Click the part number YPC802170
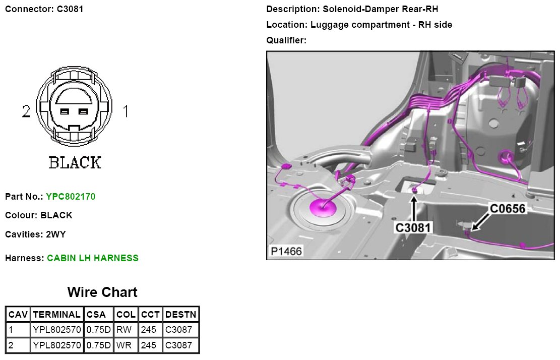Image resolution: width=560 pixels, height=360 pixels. [x=70, y=196]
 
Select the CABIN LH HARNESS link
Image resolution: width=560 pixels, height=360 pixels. [x=93, y=258]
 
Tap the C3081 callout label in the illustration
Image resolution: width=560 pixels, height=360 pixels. [x=413, y=227]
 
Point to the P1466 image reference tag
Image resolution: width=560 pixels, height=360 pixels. [x=286, y=251]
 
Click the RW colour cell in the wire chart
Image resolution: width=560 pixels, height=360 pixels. [x=126, y=330]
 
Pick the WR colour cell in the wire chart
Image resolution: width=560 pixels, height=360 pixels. [x=126, y=346]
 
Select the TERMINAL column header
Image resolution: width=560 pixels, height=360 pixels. [x=56, y=314]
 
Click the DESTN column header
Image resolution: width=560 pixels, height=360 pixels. [x=181, y=314]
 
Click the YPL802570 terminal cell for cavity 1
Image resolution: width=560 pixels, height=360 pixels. [x=56, y=330]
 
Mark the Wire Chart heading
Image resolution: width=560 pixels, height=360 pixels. [x=102, y=292]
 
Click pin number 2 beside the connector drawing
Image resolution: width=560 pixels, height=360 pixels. [x=26, y=111]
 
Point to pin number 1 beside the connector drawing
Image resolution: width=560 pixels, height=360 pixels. [x=126, y=111]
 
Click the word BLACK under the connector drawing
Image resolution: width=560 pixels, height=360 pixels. [x=75, y=162]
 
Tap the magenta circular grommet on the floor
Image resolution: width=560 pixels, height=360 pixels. [x=320, y=207]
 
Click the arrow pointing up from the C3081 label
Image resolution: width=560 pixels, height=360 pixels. [x=413, y=207]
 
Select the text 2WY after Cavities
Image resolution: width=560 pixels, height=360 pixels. [x=55, y=234]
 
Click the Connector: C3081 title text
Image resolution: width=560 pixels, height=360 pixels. [x=44, y=9]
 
